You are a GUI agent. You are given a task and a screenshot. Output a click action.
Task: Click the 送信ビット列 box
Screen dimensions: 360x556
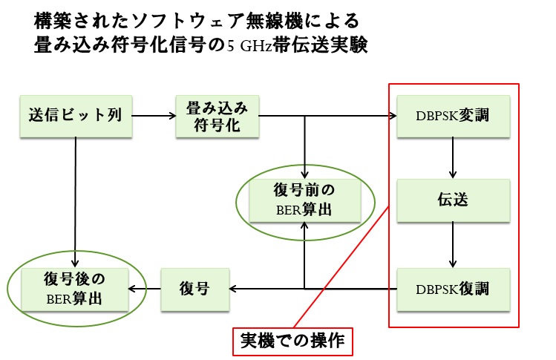click(x=76, y=116)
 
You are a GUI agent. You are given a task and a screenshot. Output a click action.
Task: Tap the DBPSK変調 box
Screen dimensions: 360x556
click(x=453, y=116)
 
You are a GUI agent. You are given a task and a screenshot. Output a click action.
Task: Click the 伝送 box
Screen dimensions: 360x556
click(x=453, y=200)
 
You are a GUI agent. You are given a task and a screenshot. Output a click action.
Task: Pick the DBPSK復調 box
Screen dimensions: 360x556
click(x=453, y=287)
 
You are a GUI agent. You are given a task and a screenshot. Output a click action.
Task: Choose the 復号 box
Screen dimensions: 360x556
click(x=194, y=287)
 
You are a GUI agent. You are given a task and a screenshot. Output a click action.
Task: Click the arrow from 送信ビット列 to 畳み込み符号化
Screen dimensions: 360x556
click(x=154, y=116)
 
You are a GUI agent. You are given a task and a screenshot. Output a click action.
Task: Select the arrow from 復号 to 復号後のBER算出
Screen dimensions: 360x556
click(x=144, y=288)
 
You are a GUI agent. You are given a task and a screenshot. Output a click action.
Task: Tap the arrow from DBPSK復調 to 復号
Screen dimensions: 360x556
click(x=312, y=288)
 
